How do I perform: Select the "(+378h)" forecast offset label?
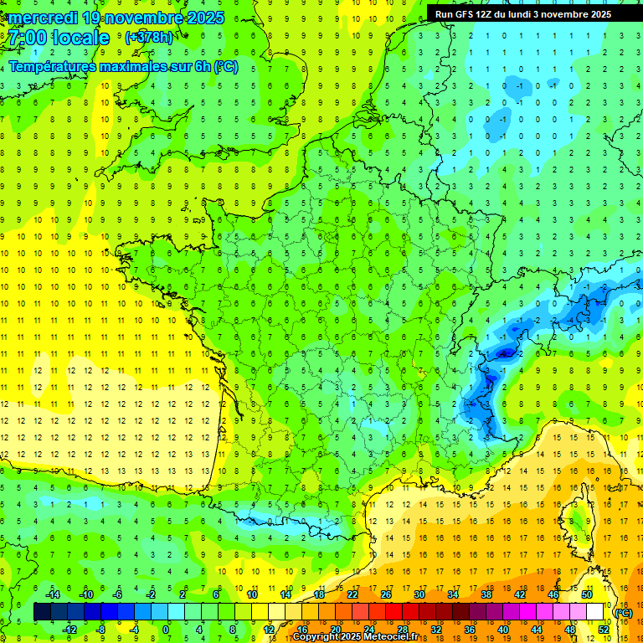pos(149,38)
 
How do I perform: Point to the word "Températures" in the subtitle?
pos(49,66)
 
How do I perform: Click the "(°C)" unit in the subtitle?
pos(225,66)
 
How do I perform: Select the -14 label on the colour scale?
pos(52,594)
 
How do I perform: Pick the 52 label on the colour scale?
pos(604,630)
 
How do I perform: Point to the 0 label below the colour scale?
pos(166,630)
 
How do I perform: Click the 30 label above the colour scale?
pos(419,594)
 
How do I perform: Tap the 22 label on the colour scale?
pos(352,594)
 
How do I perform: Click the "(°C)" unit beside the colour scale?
pos(623,613)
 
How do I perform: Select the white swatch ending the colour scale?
pos(595,613)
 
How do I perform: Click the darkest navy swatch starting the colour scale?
pos(42,613)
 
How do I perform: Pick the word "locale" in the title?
pos(81,38)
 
